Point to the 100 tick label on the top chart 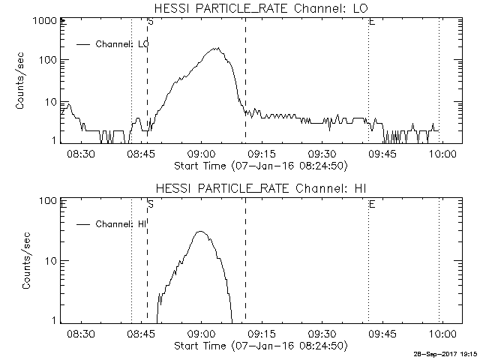[x=48, y=60]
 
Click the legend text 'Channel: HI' [x=120, y=223]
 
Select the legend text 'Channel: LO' [x=121, y=44]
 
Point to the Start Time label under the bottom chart [x=259, y=346]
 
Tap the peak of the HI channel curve [x=200, y=232]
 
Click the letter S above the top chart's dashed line [x=151, y=22]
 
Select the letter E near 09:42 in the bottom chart [x=372, y=203]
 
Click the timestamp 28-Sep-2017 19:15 [x=445, y=355]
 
